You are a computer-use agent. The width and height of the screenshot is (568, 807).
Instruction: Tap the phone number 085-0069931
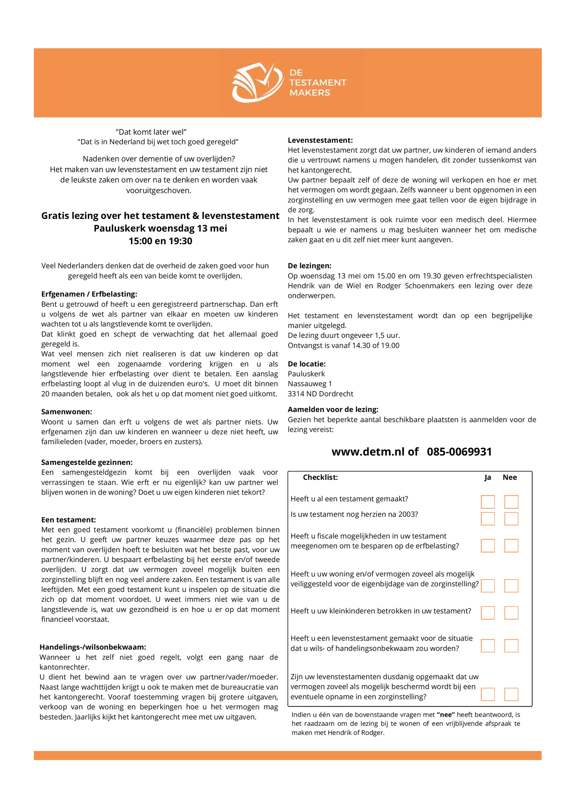point(459,452)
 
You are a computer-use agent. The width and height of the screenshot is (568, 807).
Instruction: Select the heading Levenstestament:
point(320,140)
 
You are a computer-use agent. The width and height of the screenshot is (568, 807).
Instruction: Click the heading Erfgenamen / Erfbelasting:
point(89,294)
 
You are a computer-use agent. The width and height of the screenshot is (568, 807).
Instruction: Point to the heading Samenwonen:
point(66,412)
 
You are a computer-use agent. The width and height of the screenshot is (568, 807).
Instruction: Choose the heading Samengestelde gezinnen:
point(87,462)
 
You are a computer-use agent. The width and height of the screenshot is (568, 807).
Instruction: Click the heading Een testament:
point(69,520)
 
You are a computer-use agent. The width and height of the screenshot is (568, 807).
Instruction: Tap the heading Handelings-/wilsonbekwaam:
point(93,647)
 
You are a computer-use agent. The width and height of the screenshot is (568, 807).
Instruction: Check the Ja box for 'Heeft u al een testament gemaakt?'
point(487,502)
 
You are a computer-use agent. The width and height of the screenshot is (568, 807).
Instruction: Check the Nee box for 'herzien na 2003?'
point(511,518)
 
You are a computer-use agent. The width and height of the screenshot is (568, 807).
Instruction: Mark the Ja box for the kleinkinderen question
point(487,613)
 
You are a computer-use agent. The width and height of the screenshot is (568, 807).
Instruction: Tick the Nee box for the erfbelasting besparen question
point(511,545)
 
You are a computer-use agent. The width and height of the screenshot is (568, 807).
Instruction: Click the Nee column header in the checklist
point(509,477)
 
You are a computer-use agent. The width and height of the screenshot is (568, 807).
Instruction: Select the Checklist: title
point(320,477)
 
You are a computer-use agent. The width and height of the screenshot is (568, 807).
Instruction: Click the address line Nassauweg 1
point(310,384)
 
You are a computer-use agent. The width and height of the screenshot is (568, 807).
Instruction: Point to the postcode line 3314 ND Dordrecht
point(320,394)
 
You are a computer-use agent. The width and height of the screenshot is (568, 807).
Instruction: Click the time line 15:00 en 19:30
point(160,241)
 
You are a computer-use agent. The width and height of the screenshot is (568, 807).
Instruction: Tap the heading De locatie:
point(306,364)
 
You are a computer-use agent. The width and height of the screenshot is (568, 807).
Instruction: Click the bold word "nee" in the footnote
point(446,715)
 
